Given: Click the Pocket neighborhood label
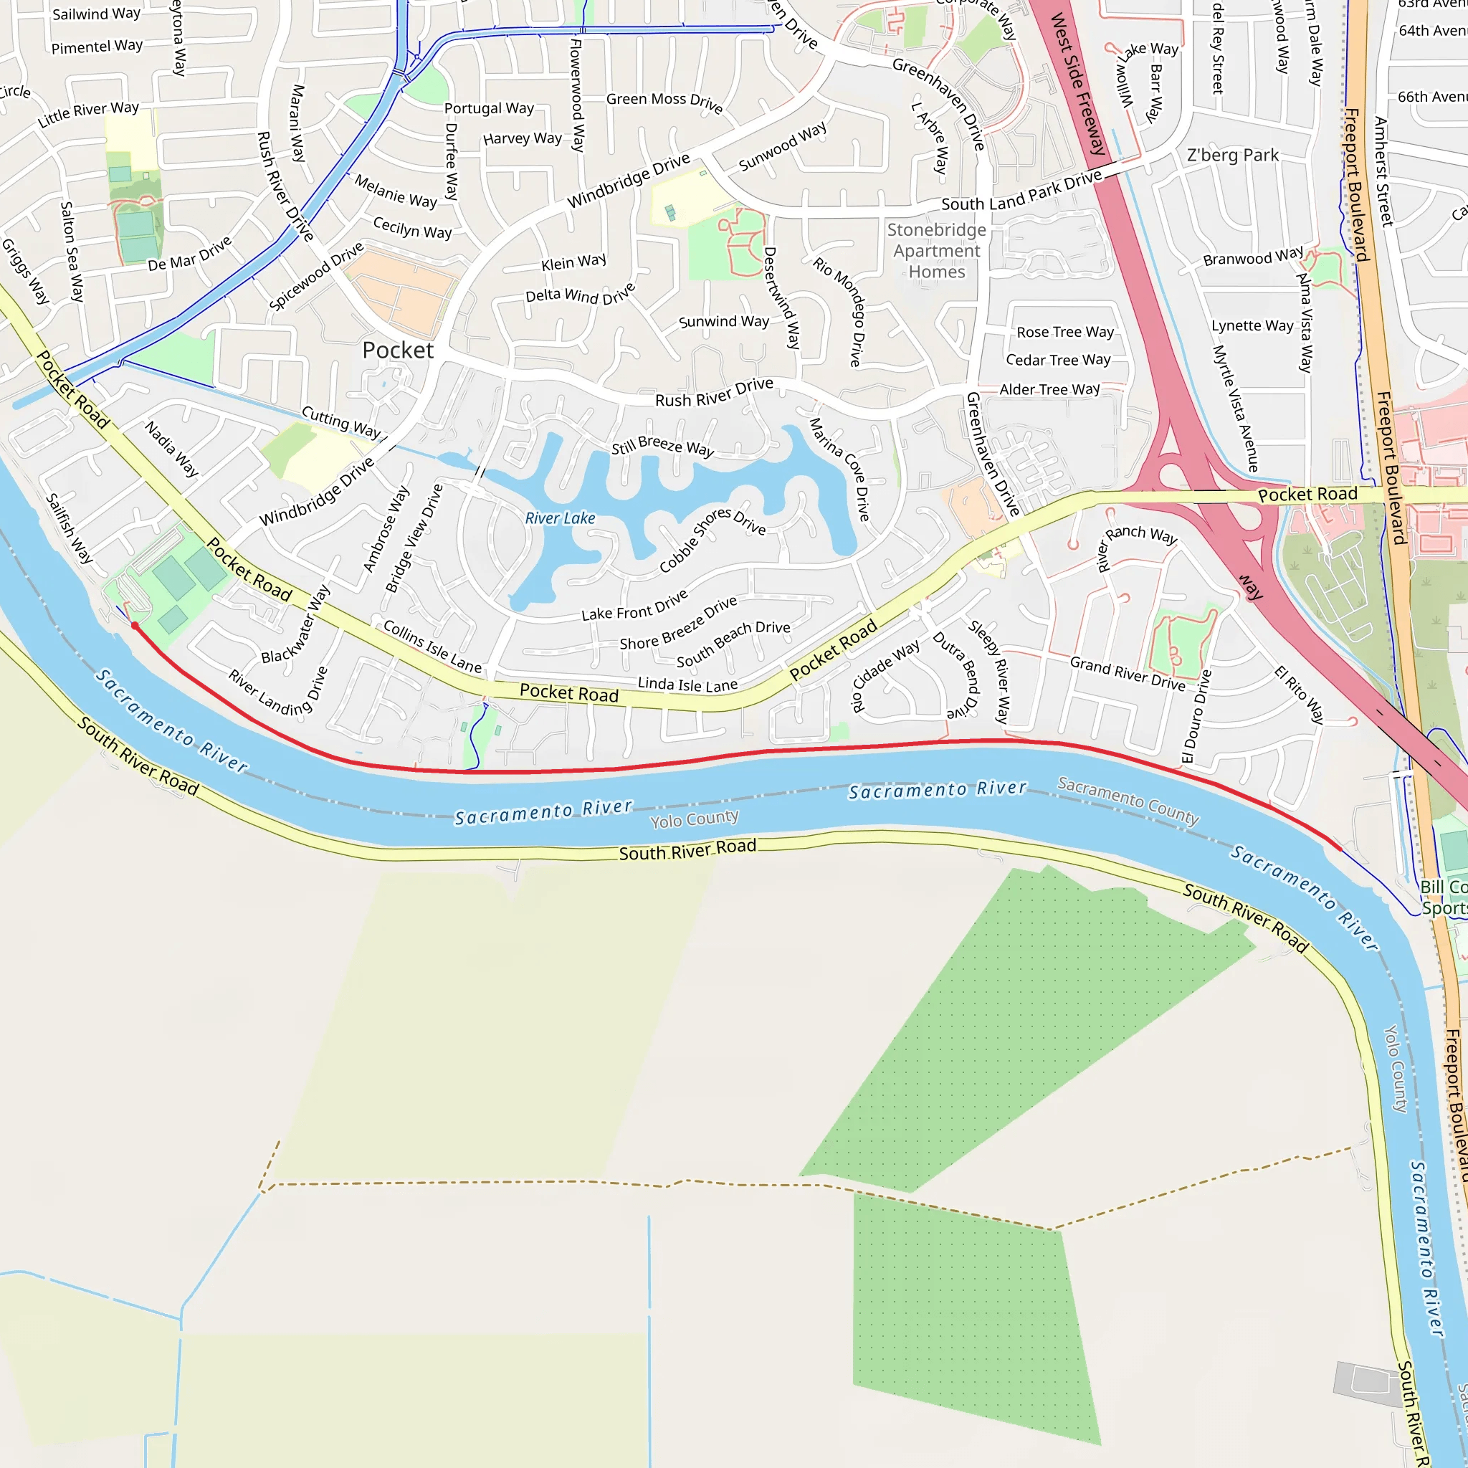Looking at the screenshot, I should click(397, 351).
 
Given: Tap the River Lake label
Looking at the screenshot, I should click(560, 518).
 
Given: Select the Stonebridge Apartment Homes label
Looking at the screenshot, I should click(936, 251).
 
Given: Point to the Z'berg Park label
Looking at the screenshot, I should click(1232, 156).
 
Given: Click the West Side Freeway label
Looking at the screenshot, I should click(1077, 84).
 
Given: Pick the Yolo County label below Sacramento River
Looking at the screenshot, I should click(694, 819).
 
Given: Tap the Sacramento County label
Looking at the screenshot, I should click(1128, 800).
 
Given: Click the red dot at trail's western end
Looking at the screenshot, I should click(135, 625).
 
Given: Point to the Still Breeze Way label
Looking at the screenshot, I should click(662, 446).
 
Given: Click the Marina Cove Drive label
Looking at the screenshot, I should click(839, 469).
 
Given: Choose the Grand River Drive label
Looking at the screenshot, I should click(1127, 673).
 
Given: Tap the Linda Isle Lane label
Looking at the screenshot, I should click(687, 685).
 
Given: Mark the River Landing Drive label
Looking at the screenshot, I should click(278, 692).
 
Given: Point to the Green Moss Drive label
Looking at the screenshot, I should click(664, 102).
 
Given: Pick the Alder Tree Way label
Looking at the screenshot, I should click(1049, 390).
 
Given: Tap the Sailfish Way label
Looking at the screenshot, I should click(69, 528).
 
